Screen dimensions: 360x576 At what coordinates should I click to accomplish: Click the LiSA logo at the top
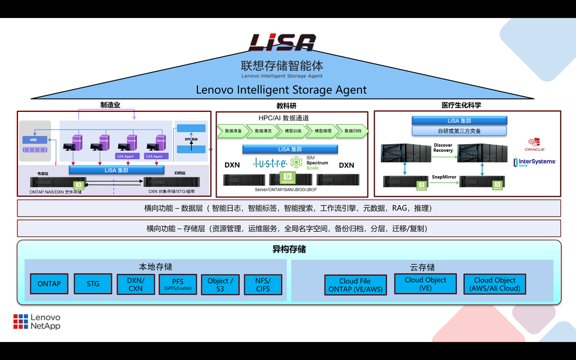282,42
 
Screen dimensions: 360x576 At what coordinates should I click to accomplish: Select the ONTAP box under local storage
49,283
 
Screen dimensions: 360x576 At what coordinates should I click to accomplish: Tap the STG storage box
93,284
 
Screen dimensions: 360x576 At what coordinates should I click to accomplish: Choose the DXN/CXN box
136,284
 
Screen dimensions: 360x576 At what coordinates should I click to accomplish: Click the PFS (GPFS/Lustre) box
178,284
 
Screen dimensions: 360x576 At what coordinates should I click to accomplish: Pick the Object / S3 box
220,284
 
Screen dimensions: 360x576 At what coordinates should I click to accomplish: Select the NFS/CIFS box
263,284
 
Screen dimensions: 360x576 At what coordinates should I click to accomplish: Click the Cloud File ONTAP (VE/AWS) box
355,285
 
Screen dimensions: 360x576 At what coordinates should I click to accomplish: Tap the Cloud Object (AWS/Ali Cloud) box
495,283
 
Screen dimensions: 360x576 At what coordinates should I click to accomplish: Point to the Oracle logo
534,145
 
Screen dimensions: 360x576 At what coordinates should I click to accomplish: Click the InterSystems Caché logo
534,162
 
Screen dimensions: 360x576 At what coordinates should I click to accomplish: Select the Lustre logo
271,163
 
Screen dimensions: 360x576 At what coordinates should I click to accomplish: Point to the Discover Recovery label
443,147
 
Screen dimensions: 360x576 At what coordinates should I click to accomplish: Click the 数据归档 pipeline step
353,130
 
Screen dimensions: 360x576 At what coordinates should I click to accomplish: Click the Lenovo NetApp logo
37,322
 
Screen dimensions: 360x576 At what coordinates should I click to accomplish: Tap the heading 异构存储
289,249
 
